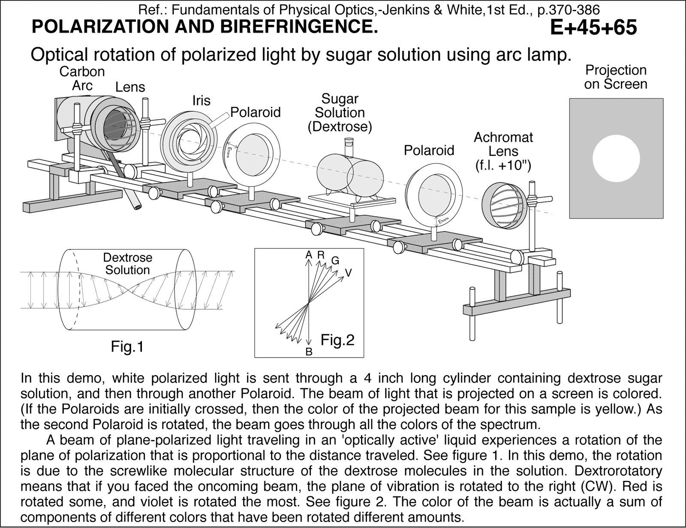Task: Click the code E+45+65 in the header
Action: (593, 28)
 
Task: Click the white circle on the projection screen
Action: (616, 159)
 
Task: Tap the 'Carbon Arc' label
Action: (82, 78)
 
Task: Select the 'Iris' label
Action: (201, 101)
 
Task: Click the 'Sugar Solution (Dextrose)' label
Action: (340, 113)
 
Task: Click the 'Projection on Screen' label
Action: (616, 77)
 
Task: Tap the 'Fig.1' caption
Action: (127, 346)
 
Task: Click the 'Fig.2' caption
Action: (337, 340)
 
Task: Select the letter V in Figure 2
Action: (349, 273)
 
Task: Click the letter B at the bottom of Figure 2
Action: (308, 352)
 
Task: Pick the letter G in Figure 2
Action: (335, 260)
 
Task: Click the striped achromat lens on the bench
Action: (503, 205)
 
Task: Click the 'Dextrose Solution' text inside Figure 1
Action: (127, 264)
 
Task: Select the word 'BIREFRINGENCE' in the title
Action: (298, 27)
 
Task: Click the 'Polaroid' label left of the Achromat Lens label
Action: (429, 150)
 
